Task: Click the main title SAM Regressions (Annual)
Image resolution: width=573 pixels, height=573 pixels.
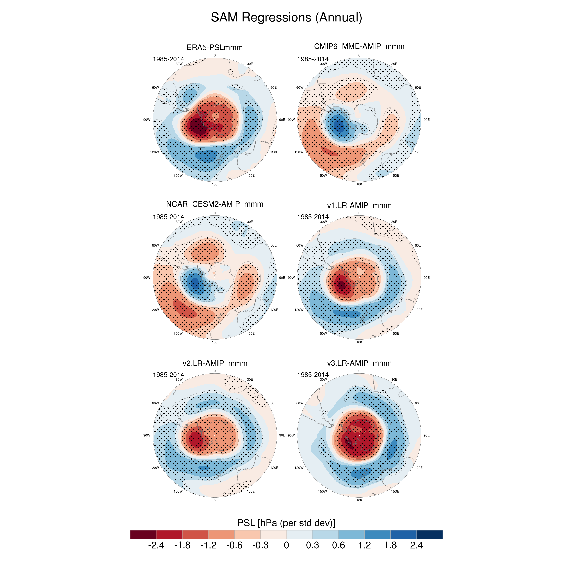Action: pos(286,18)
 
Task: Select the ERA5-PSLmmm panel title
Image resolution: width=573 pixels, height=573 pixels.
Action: pos(214,47)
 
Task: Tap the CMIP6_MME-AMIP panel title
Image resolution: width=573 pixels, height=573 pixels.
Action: pos(359,46)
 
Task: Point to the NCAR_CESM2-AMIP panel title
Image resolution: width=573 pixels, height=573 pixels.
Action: pos(214,204)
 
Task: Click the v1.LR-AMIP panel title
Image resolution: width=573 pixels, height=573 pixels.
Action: pos(359,205)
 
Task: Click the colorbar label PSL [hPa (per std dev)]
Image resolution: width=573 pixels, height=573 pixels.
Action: pos(286,523)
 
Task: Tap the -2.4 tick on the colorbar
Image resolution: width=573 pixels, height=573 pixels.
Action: pos(156,545)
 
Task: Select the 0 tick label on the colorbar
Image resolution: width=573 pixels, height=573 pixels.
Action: pos(286,545)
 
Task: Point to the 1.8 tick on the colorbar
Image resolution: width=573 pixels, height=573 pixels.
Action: pos(390,545)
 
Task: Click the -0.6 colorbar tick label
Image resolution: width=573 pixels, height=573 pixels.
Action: pos(234,545)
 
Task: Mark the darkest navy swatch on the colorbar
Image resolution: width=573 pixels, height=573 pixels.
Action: pos(429,535)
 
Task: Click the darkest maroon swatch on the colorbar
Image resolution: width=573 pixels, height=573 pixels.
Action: pos(143,535)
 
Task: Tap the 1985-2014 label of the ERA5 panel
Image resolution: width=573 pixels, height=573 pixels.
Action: pos(168,59)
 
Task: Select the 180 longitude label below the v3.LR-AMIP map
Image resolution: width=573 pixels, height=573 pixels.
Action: pos(359,500)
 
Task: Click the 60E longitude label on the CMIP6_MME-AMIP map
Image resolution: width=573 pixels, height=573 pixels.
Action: pos(418,88)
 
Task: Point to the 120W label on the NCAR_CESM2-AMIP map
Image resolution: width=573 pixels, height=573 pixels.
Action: pos(154,310)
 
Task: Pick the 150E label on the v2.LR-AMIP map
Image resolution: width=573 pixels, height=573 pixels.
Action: pos(251,492)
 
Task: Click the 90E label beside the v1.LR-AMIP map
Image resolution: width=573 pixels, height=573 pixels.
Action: pos(426,278)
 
